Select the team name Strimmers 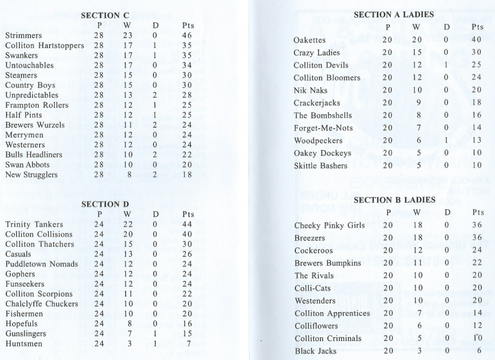pos(23,36)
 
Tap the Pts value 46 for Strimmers pos(187,36)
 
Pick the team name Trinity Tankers pos(34,225)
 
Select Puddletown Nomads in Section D pos(42,264)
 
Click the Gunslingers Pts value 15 pos(187,334)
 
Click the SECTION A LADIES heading pos(393,15)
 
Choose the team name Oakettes pos(309,40)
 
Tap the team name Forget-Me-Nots pos(323,128)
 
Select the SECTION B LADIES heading pos(394,200)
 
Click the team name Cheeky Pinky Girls pos(326,225)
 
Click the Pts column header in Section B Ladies pos(478,212)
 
